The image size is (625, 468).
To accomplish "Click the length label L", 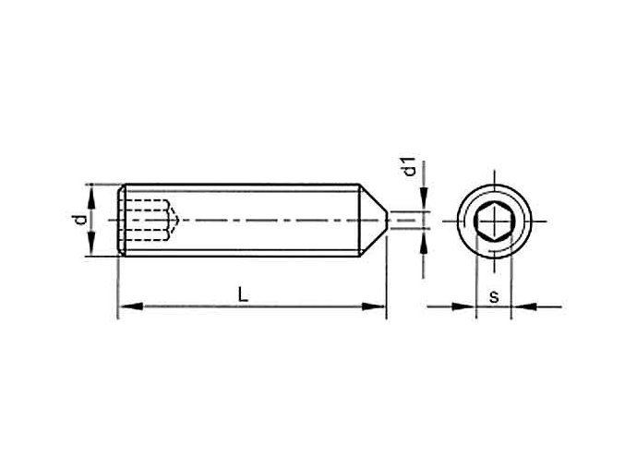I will pyautogui.click(x=242, y=294).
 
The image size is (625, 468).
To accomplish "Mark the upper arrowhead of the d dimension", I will pyautogui.click(x=91, y=190).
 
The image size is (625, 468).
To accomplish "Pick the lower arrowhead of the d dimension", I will pyautogui.click(x=91, y=251).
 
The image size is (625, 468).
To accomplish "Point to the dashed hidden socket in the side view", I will pyautogui.click(x=149, y=221).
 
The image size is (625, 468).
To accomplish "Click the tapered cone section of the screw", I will pyautogui.click(x=371, y=221).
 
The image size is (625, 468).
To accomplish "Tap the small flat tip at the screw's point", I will pyautogui.click(x=386, y=221).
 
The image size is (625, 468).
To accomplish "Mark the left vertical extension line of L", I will pyautogui.click(x=117, y=286).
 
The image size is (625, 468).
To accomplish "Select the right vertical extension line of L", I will pyautogui.click(x=386, y=277).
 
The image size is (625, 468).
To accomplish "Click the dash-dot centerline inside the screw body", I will pyautogui.click(x=268, y=221).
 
